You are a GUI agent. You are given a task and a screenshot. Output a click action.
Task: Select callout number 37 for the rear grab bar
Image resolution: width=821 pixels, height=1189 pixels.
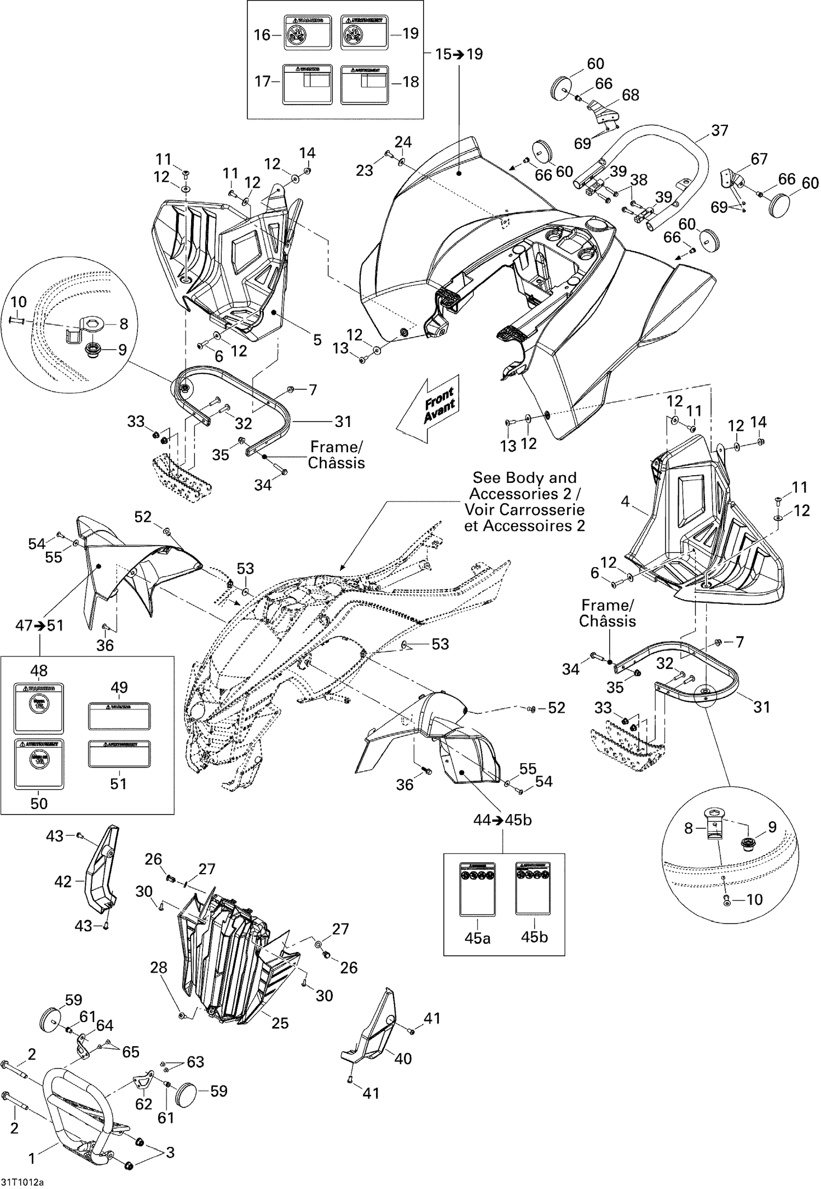point(720,130)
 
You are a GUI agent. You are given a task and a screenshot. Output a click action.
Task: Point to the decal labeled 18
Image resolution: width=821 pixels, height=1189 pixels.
point(365,84)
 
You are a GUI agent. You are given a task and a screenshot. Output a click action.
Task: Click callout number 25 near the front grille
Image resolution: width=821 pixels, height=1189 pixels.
point(280,1023)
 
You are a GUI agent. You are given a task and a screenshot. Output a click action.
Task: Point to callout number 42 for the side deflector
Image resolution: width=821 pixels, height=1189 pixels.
point(63,881)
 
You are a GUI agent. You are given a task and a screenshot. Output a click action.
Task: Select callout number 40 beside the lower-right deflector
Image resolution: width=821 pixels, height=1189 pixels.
point(403,1058)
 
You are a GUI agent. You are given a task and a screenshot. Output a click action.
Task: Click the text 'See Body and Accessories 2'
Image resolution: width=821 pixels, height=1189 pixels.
point(524,486)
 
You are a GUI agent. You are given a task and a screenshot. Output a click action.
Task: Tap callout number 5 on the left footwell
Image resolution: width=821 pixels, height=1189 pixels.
point(317,340)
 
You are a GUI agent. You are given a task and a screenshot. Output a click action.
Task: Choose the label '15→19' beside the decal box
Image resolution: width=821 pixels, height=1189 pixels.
point(459,54)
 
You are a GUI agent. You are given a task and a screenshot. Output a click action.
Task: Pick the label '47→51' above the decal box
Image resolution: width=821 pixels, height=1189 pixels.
point(39,625)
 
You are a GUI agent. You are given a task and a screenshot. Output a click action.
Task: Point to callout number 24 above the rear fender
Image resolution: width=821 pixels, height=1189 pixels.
point(403,142)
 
